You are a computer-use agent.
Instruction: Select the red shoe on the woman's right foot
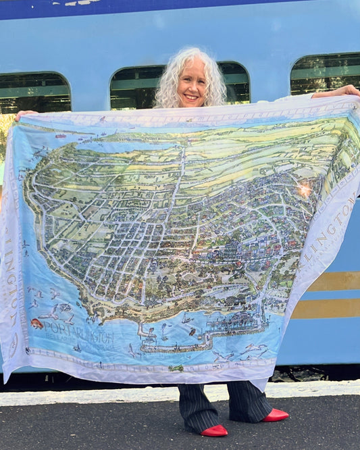point(214,430)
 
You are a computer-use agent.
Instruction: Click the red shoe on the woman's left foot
point(275,415)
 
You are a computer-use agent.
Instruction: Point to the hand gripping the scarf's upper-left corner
point(24,114)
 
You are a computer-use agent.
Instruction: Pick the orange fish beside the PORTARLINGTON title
point(36,324)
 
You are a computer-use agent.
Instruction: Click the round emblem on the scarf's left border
point(14,345)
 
